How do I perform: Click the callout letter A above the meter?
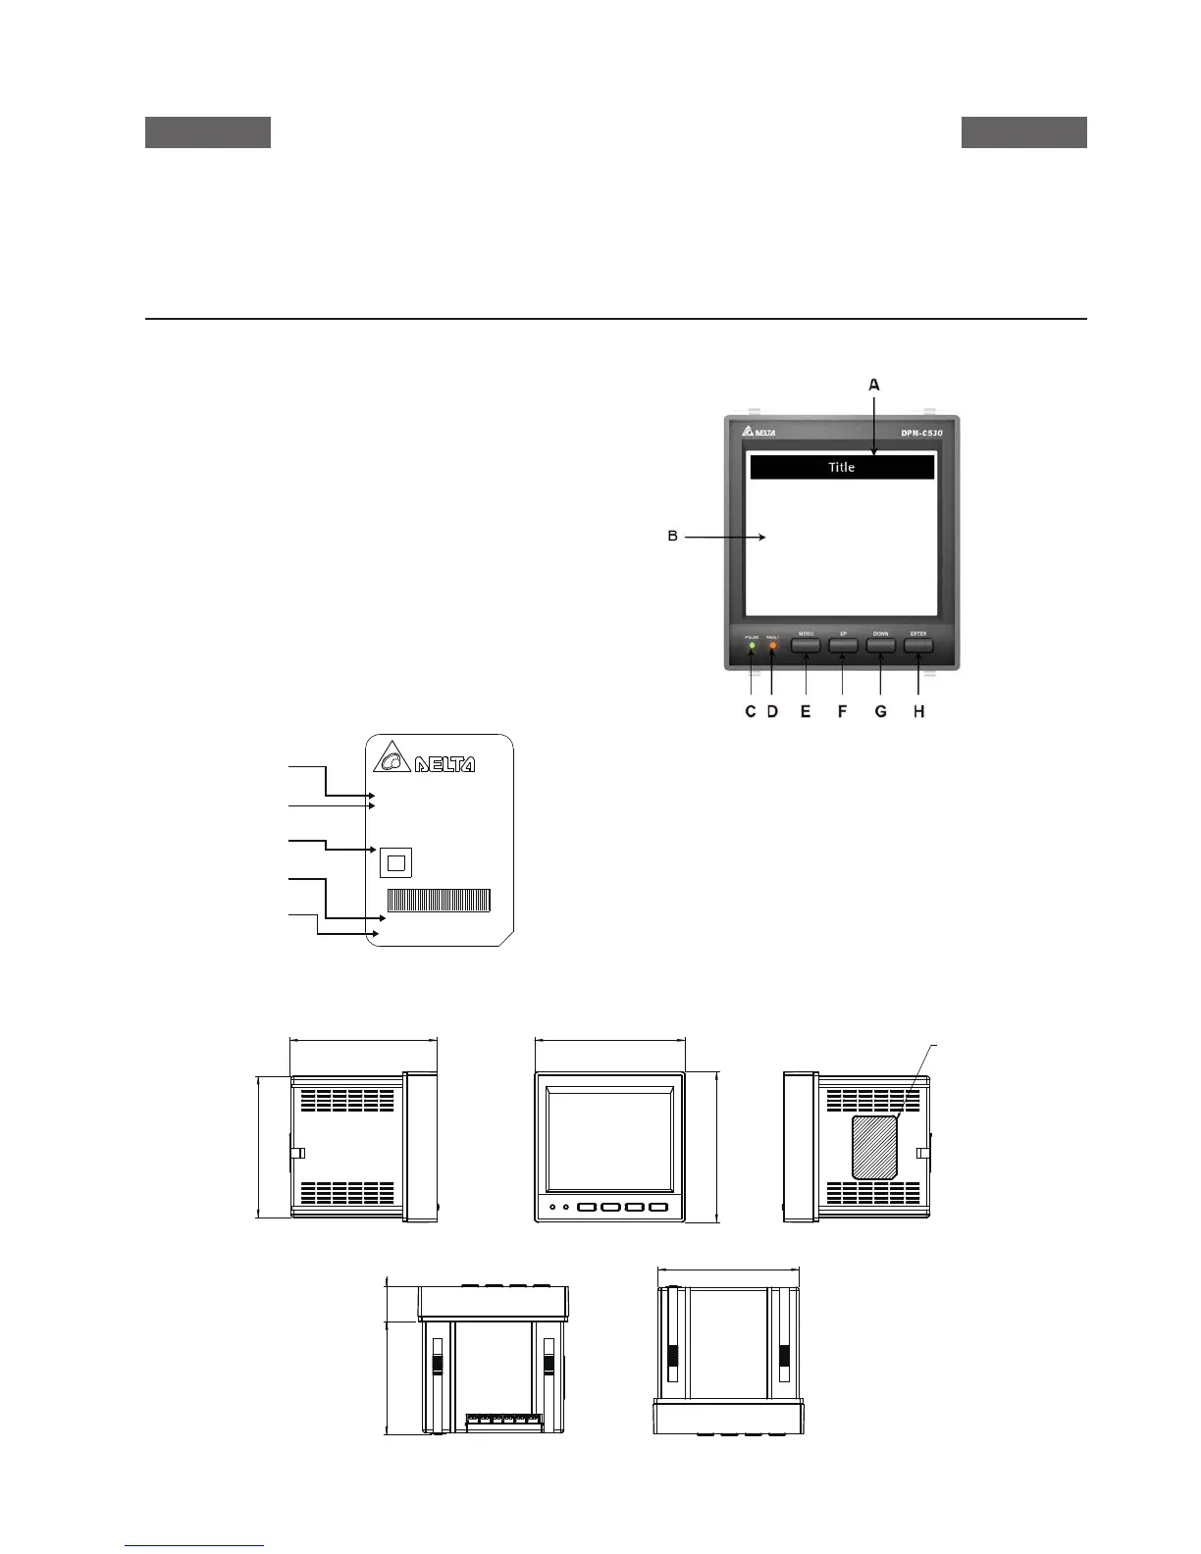874,386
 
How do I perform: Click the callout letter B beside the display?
673,537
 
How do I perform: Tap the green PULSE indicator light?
752,646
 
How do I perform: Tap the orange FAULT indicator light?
772,646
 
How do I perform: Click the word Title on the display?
841,467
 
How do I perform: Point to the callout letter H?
919,711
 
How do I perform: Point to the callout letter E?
806,711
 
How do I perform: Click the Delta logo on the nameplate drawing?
424,760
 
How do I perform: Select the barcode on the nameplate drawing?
439,900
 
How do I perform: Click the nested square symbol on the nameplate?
395,862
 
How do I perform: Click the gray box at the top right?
1023,132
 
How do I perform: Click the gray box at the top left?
208,132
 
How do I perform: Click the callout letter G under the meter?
880,711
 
